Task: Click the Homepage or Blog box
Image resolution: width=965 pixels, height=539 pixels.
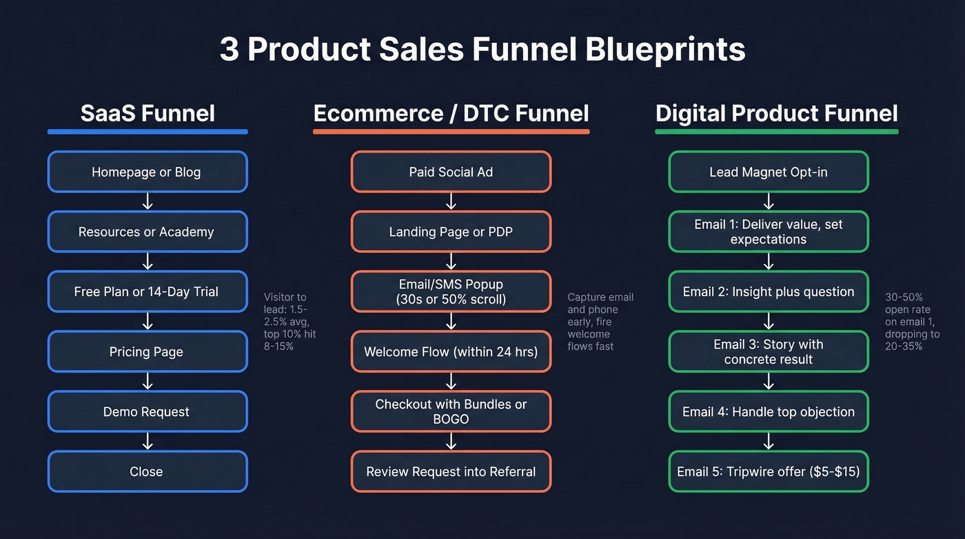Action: pos(147,172)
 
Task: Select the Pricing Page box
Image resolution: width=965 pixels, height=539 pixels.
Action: pos(147,352)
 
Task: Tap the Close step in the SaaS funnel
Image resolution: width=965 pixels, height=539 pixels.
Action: pos(147,472)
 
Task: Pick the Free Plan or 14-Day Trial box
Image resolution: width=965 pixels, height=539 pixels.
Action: pos(147,292)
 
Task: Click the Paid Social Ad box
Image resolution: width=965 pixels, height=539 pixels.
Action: pos(451,172)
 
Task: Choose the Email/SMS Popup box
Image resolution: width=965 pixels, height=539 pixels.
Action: pos(451,292)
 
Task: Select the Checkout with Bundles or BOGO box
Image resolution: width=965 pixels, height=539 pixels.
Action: pos(451,411)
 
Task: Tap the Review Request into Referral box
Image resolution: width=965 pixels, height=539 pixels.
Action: pos(451,472)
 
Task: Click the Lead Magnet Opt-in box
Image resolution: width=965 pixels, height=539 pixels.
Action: pos(769,172)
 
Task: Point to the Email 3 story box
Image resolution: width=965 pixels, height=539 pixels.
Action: pos(769,352)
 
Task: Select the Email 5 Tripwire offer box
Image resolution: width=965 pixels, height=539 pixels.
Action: pos(769,472)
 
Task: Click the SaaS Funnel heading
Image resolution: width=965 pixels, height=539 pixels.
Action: pos(148,113)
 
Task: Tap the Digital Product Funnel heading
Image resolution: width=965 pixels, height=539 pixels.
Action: pos(777,113)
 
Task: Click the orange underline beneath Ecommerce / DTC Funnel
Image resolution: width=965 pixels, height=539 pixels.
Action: pos(451,131)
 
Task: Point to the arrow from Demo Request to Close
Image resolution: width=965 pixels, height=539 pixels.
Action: pos(147,442)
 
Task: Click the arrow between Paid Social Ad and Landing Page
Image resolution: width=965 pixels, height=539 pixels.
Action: pos(451,202)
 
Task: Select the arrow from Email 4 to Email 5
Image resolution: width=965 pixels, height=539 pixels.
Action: pos(769,442)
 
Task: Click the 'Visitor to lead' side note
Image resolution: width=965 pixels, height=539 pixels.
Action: pos(289,322)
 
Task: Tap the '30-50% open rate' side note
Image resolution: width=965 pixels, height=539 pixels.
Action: pos(912,322)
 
